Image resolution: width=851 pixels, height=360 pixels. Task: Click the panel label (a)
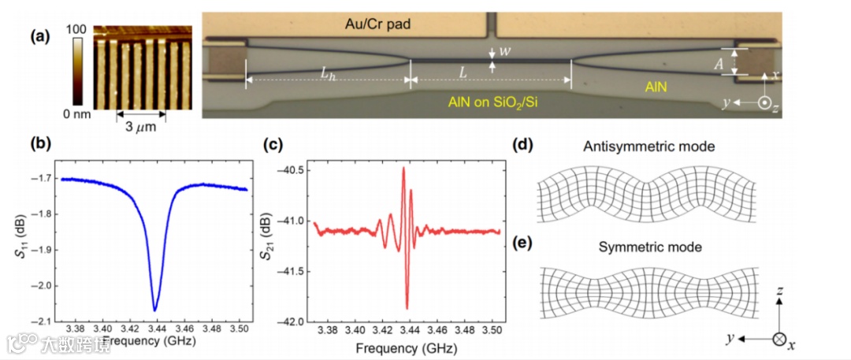pyautogui.click(x=40, y=36)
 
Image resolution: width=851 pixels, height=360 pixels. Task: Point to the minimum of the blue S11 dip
pyautogui.click(x=155, y=310)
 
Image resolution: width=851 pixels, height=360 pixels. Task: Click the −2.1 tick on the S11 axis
pyautogui.click(x=43, y=321)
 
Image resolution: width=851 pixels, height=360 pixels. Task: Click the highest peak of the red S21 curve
pyautogui.click(x=403, y=167)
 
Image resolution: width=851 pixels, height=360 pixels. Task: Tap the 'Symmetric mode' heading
pyautogui.click(x=649, y=247)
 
